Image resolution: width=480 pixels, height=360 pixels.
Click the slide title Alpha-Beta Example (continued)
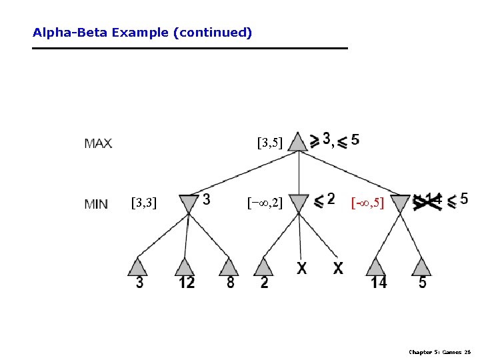click(142, 32)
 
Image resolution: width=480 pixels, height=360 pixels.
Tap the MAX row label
click(98, 143)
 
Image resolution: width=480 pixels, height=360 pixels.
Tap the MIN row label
click(97, 204)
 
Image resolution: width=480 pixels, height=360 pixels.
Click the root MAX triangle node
click(299, 142)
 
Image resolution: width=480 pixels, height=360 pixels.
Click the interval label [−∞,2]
click(265, 202)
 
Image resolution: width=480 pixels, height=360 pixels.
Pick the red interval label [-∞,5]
click(367, 202)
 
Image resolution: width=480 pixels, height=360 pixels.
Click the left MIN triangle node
click(189, 203)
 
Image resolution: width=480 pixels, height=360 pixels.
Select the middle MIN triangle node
click(299, 203)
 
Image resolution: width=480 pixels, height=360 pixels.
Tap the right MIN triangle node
click(400, 203)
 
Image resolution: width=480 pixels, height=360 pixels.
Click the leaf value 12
click(186, 283)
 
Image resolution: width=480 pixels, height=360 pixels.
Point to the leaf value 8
click(230, 283)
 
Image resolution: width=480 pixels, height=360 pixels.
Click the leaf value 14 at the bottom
click(378, 283)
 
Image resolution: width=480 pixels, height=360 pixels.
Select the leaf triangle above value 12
click(185, 267)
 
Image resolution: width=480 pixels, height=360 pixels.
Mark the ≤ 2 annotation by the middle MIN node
click(324, 199)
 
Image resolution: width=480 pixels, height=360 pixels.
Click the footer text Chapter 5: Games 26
click(439, 351)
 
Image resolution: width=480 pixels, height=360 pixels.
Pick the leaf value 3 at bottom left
click(139, 283)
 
